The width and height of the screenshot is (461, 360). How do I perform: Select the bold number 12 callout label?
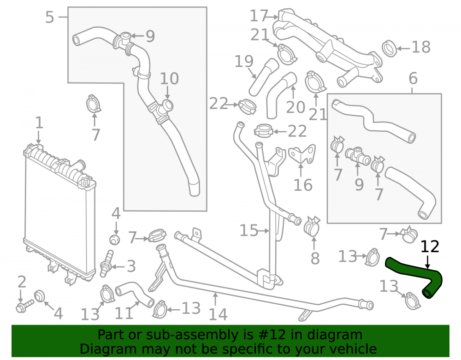click(430, 247)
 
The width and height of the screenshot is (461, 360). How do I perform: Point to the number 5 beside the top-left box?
click(50, 17)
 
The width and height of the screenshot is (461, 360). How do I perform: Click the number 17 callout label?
click(259, 16)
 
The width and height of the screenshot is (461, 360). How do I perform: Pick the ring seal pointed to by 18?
click(390, 49)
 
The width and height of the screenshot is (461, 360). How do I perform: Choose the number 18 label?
click(421, 47)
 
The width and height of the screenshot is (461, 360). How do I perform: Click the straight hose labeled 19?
click(264, 77)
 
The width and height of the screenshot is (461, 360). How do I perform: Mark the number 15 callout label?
click(249, 230)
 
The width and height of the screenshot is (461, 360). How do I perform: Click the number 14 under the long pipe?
click(218, 314)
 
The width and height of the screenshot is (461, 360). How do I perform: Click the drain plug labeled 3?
click(106, 263)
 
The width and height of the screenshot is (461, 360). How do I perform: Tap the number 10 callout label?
click(169, 79)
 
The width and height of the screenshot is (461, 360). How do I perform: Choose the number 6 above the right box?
click(413, 78)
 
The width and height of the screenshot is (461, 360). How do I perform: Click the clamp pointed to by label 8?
click(312, 226)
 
